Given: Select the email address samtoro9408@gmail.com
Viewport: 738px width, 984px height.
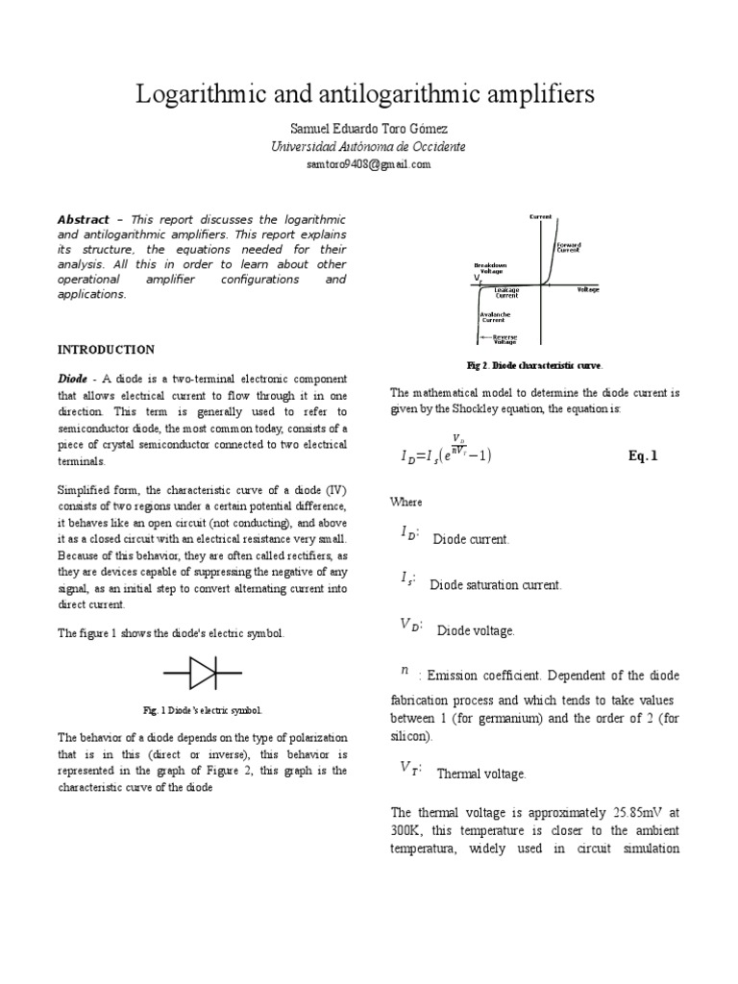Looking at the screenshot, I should (368, 164).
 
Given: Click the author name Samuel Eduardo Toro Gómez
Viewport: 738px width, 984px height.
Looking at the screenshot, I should (368, 128).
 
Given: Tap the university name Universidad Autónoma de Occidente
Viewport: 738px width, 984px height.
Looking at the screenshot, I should (368, 146).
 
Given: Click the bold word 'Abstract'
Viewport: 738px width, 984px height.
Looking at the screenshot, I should (83, 220).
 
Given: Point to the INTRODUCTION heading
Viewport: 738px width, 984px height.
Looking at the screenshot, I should (106, 349).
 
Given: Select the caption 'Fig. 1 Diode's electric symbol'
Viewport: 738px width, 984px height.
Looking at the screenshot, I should (202, 710).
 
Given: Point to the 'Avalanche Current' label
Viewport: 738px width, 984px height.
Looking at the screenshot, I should (495, 316).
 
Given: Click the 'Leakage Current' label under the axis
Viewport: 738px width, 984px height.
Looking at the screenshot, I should (506, 292).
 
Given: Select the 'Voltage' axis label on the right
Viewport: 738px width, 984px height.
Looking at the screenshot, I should (589, 288).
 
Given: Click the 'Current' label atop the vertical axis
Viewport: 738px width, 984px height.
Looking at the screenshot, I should (541, 217).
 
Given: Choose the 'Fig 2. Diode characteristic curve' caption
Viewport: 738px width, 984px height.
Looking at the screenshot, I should (535, 366).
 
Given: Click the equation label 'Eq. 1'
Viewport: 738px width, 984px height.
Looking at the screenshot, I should (643, 456).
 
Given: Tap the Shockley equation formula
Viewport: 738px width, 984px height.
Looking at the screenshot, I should (446, 454).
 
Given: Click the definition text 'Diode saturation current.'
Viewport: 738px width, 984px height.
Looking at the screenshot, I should (495, 584).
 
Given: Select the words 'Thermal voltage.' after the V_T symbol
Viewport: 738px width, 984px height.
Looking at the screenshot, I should (480, 773).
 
